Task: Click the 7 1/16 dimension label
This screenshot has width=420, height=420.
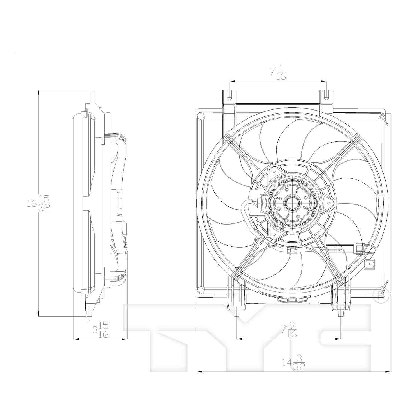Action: click(278, 72)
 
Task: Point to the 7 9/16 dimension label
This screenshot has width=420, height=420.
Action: click(289, 330)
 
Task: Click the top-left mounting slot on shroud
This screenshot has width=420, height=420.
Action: click(229, 95)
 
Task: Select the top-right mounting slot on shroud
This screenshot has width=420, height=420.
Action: click(326, 95)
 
